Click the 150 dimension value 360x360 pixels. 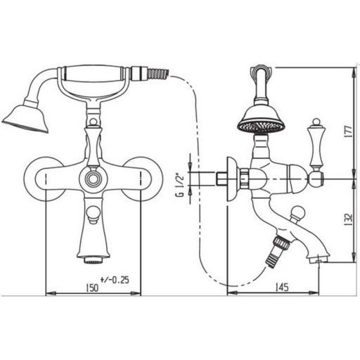tap(92, 288)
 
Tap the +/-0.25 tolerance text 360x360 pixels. tap(115, 280)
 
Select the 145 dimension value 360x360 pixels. tap(281, 287)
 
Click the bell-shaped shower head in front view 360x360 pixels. tap(26, 117)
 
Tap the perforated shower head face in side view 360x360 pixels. tap(262, 127)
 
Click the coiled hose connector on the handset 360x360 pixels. tap(158, 73)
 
